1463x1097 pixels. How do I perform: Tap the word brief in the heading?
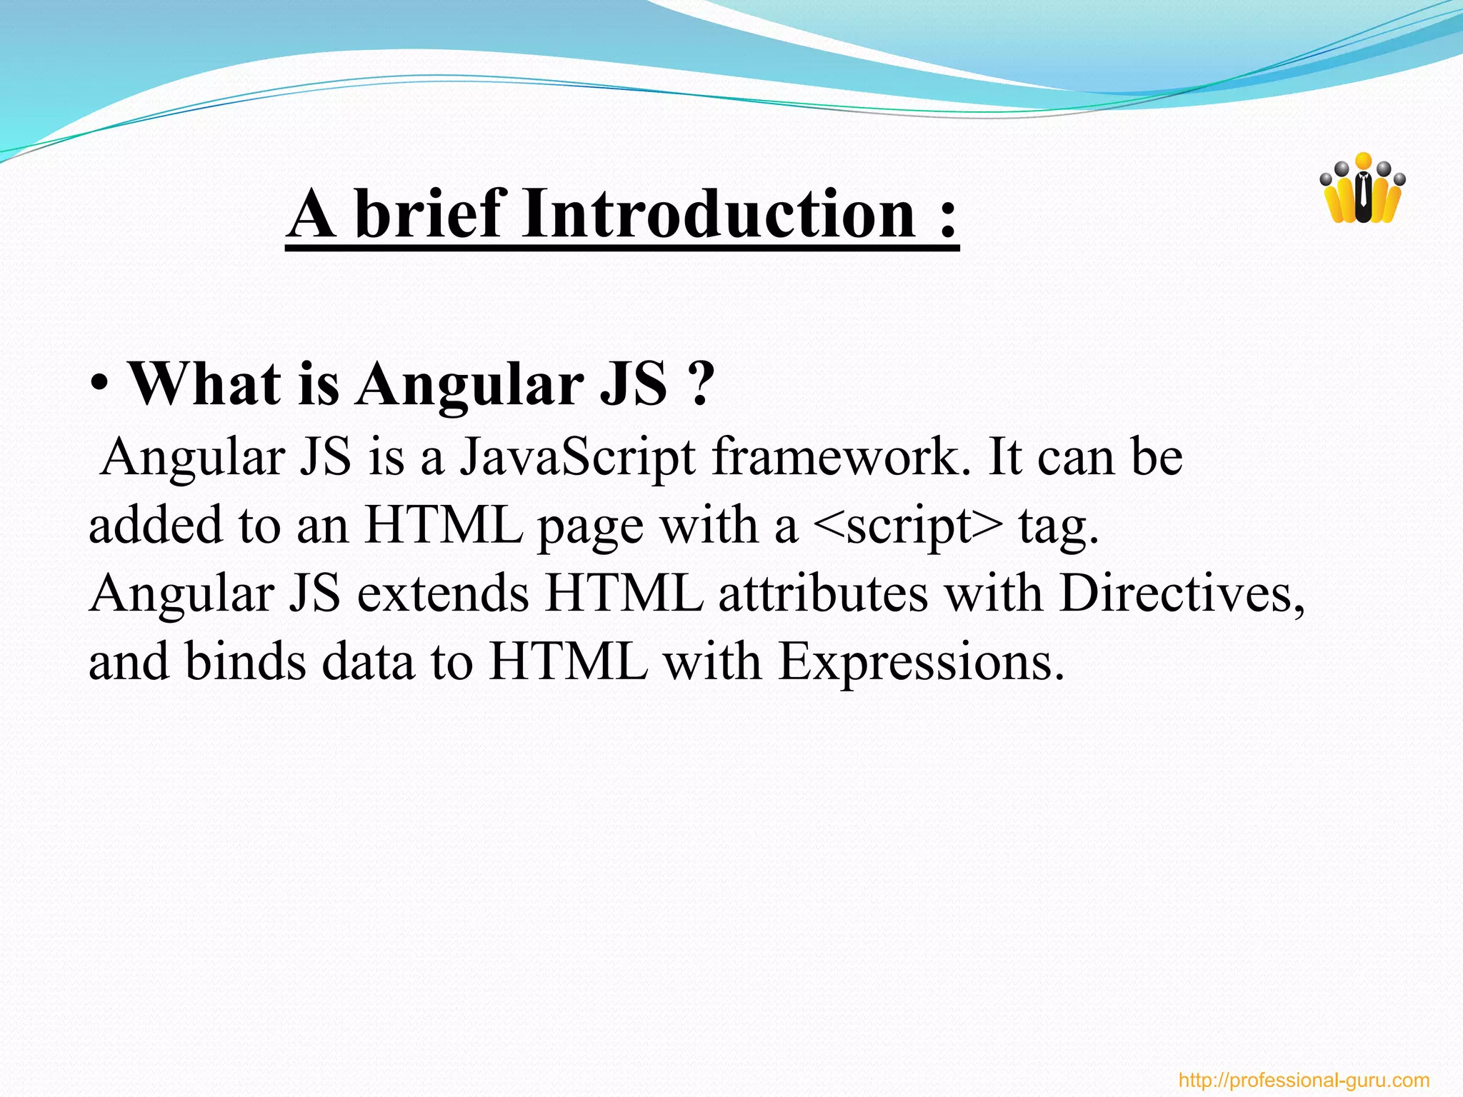pyautogui.click(x=428, y=214)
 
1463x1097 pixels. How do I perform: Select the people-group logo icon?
pyautogui.click(x=1363, y=189)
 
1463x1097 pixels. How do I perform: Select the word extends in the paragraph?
pyautogui.click(x=443, y=594)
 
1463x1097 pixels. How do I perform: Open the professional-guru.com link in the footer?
pyautogui.click(x=1304, y=1080)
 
